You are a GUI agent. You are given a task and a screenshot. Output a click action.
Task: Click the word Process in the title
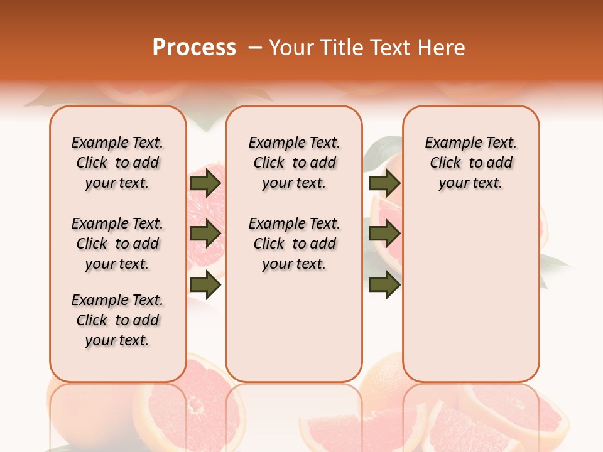tap(194, 48)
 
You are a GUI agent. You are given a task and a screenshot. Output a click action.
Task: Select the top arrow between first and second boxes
tap(205, 183)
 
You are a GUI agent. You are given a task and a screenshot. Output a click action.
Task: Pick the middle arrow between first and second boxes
tap(205, 234)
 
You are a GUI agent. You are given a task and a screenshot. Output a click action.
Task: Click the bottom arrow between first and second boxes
tap(205, 285)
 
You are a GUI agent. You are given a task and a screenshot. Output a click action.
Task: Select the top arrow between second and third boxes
tap(384, 183)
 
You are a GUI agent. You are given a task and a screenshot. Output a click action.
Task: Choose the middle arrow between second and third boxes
tap(384, 234)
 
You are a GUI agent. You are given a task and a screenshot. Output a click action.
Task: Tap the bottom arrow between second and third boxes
tap(384, 285)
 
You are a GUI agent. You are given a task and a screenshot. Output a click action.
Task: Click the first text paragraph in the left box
tap(117, 163)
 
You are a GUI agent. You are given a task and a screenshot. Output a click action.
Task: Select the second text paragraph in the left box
tap(117, 244)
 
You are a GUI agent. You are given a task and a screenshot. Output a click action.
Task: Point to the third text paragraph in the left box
tap(117, 320)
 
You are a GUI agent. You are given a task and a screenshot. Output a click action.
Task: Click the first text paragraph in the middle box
tap(294, 163)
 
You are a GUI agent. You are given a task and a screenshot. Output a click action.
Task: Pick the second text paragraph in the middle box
tap(294, 244)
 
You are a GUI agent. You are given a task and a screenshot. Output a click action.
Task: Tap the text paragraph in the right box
tap(470, 163)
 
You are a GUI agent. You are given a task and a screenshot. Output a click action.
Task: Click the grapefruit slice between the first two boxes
tap(205, 207)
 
